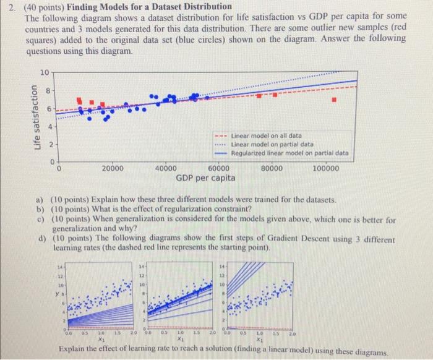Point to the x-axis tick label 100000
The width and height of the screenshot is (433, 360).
coord(326,168)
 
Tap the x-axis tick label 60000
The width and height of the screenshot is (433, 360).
coord(219,168)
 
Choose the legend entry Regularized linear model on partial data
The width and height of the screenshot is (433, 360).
coord(289,152)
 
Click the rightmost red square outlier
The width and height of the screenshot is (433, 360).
coord(334,99)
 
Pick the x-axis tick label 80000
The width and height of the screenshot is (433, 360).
coord(272,168)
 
